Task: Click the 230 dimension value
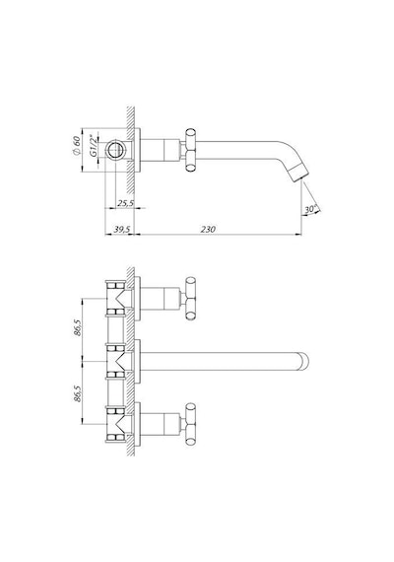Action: tap(208, 229)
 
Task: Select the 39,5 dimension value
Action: tap(122, 230)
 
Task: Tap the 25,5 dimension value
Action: tap(126, 203)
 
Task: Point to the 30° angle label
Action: tap(311, 209)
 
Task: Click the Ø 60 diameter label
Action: tap(76, 145)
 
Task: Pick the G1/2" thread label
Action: tap(93, 146)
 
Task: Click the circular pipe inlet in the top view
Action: tap(115, 150)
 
